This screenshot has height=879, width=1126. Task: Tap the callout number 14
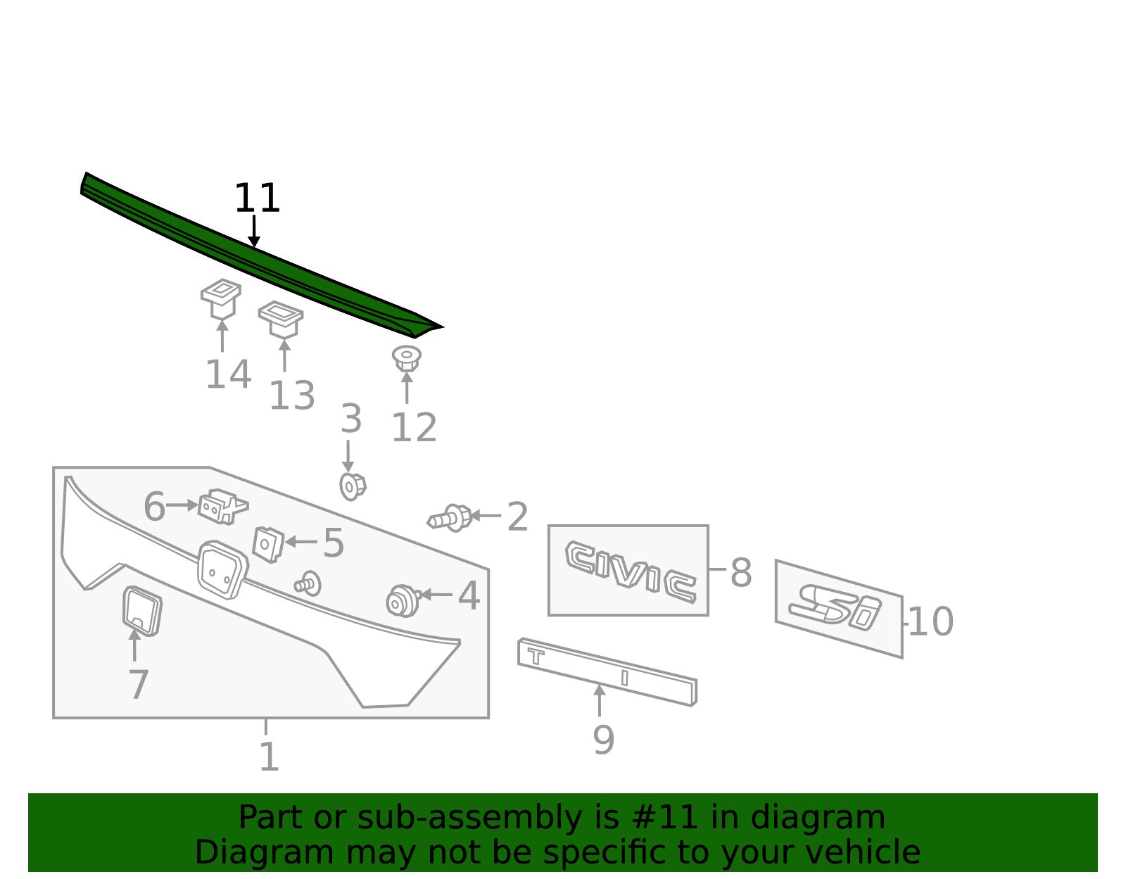click(228, 374)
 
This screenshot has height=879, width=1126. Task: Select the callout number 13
click(292, 395)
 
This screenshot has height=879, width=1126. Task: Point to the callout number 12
click(414, 427)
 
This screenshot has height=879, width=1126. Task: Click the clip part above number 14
click(221, 298)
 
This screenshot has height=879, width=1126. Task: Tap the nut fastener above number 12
click(407, 358)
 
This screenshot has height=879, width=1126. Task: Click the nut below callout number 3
click(353, 486)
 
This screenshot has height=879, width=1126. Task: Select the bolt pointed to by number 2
click(450, 518)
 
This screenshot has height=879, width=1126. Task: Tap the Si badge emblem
click(835, 607)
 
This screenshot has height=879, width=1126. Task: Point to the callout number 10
click(930, 622)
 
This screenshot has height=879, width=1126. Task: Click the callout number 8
click(741, 573)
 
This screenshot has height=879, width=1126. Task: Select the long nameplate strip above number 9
click(607, 671)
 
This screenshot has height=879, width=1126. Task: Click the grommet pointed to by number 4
click(403, 600)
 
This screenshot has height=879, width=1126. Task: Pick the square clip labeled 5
click(267, 544)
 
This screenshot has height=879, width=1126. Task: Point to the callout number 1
click(269, 757)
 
